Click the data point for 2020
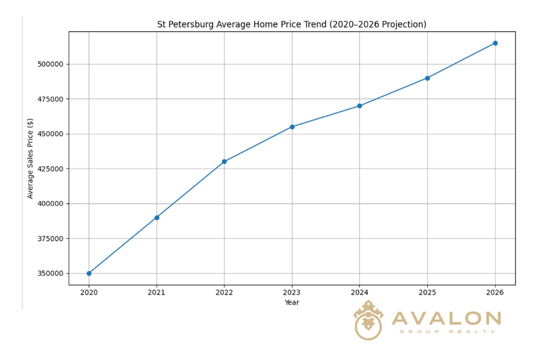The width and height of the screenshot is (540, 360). pos(89,273)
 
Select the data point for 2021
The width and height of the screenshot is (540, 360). pos(157,217)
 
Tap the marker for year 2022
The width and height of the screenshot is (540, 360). pos(224,161)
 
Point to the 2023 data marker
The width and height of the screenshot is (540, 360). pos(292,127)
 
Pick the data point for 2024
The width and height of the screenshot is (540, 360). pos(359,106)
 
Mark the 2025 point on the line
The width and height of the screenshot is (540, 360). pos(427,78)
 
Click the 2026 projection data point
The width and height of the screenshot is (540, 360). pos(495,43)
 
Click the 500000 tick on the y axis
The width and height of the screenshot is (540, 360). pos(50,64)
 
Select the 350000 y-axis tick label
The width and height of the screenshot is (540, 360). pos(50,274)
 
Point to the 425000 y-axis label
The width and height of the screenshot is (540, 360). pos(50,169)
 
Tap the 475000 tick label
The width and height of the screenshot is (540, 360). pos(50,99)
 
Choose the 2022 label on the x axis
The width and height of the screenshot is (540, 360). pos(224,293)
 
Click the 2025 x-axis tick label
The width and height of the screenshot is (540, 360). pos(427,293)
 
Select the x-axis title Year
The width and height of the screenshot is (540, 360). pos(292,302)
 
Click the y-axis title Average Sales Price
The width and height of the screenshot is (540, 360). pos(31,158)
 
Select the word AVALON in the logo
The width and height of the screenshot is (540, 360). pos(446,319)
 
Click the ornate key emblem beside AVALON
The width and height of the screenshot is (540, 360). pos(368,320)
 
